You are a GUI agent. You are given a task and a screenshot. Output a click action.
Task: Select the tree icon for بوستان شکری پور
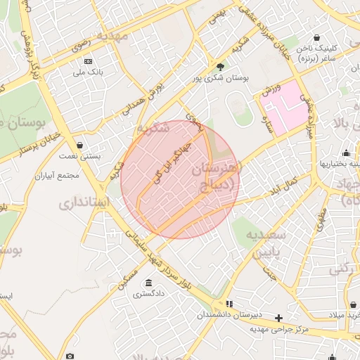(221, 67)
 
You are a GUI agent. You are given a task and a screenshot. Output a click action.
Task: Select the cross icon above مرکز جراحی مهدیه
(279, 318)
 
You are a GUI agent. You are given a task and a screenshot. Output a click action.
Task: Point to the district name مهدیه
(114, 34)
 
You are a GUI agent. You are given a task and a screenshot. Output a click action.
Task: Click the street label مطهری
(321, 219)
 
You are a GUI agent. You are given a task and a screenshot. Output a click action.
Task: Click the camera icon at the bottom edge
(69, 356)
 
